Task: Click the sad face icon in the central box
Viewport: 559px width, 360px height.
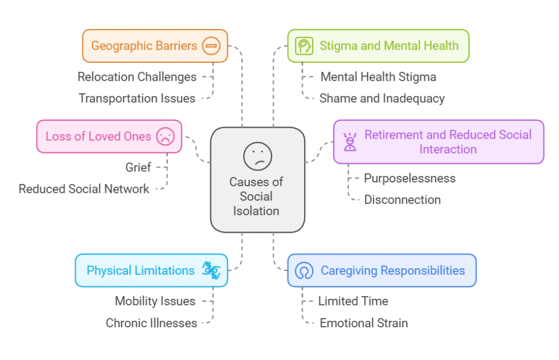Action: [x=258, y=156]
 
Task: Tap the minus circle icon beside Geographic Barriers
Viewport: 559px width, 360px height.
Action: [x=211, y=46]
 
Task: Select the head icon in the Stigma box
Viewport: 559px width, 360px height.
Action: [x=304, y=46]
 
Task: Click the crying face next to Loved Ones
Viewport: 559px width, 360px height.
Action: [x=164, y=136]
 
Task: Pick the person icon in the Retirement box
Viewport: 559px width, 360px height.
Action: [x=349, y=142]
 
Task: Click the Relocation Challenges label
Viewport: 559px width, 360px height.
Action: [x=137, y=77]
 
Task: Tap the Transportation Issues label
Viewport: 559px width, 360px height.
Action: [x=137, y=98]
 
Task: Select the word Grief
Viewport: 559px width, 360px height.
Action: [x=138, y=167]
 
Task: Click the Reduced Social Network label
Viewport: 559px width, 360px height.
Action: [x=84, y=189]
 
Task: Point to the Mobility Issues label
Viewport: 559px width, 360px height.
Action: [x=155, y=301]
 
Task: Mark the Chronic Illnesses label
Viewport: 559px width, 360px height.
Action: [x=151, y=323]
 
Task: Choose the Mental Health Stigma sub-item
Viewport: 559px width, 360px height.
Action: [x=378, y=77]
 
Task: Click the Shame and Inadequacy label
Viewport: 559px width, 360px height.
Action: [x=382, y=98]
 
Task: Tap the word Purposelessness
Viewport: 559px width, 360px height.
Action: [x=410, y=178]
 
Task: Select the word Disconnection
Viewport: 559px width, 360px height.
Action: [x=403, y=199]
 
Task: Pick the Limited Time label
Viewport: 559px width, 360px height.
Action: [x=353, y=301]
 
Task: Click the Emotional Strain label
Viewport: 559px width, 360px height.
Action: [x=364, y=323]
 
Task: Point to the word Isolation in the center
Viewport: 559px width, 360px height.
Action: [x=257, y=211]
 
